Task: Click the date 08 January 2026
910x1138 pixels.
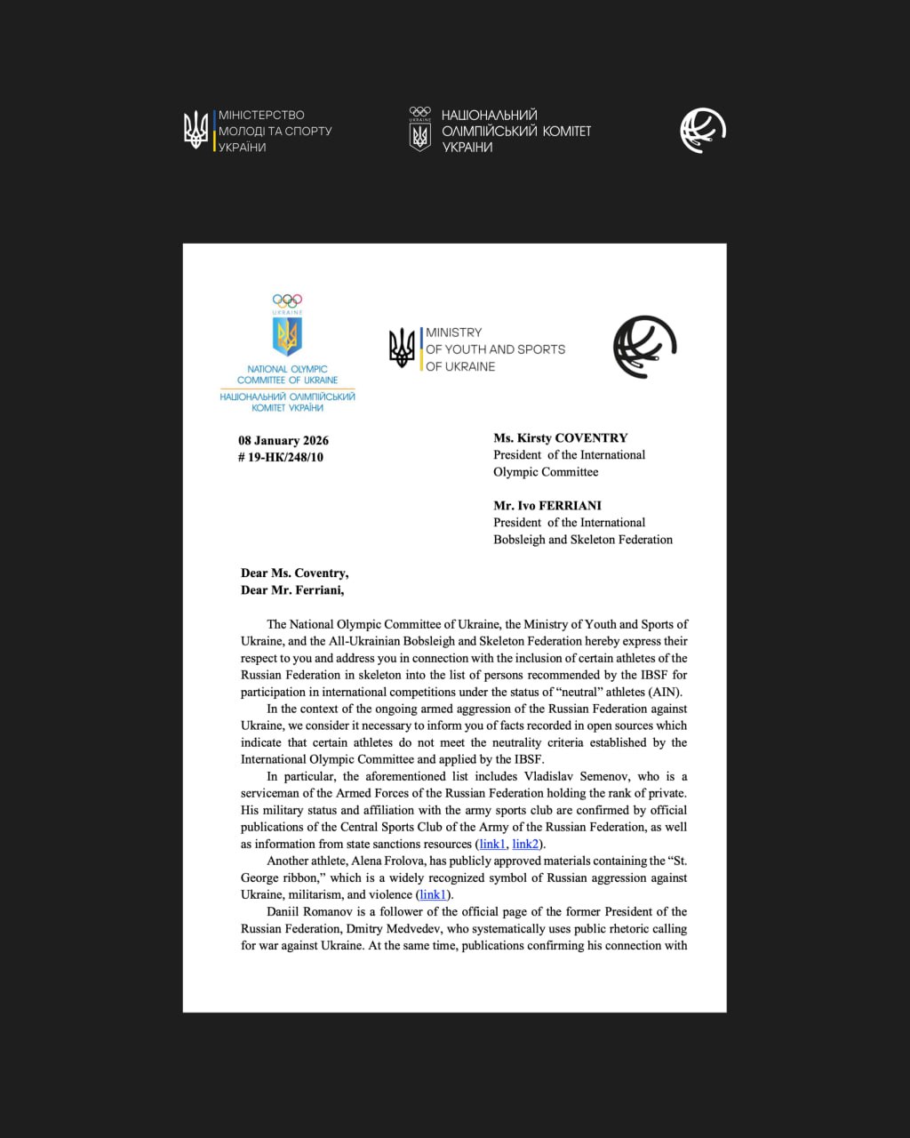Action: point(283,440)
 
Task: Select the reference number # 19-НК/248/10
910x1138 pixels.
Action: point(280,457)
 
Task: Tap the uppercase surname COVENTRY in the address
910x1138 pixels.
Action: point(592,437)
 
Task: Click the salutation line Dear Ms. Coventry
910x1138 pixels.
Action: point(294,573)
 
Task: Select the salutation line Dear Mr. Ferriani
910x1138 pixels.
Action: point(292,589)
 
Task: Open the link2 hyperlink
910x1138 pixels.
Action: point(525,844)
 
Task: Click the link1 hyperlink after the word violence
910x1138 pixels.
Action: point(433,894)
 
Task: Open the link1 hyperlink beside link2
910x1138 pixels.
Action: point(492,844)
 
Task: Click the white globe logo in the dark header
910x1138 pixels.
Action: point(703,130)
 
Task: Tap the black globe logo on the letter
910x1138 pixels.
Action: point(645,348)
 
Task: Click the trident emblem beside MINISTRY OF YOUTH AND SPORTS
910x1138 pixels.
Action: point(403,347)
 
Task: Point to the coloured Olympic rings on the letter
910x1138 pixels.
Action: point(287,301)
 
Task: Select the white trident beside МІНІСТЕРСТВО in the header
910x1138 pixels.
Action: point(196,130)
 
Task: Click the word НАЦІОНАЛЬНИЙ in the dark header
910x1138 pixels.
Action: point(489,115)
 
